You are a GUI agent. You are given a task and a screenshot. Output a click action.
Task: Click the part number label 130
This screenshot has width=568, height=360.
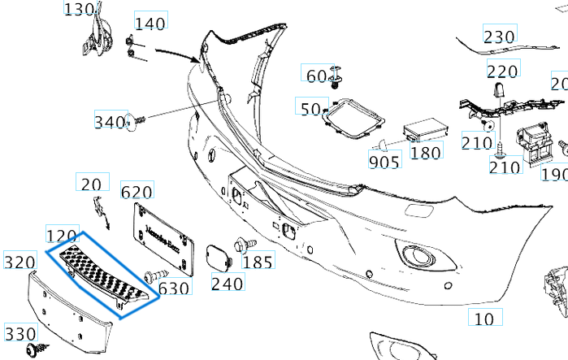(80, 10)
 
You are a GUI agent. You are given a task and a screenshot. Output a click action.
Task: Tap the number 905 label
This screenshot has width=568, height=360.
(384, 161)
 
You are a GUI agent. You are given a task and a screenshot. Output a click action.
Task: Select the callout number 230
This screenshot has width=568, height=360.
(499, 37)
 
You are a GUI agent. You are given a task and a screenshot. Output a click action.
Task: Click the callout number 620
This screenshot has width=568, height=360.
(137, 192)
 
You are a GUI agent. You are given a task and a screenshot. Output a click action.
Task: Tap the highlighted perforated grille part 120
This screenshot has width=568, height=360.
(102, 271)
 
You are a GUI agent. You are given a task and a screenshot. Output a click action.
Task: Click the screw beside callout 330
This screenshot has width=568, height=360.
(35, 351)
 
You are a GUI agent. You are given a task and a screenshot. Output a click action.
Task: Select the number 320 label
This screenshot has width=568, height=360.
(19, 262)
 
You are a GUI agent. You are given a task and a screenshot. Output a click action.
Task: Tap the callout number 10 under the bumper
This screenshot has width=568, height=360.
(484, 318)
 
